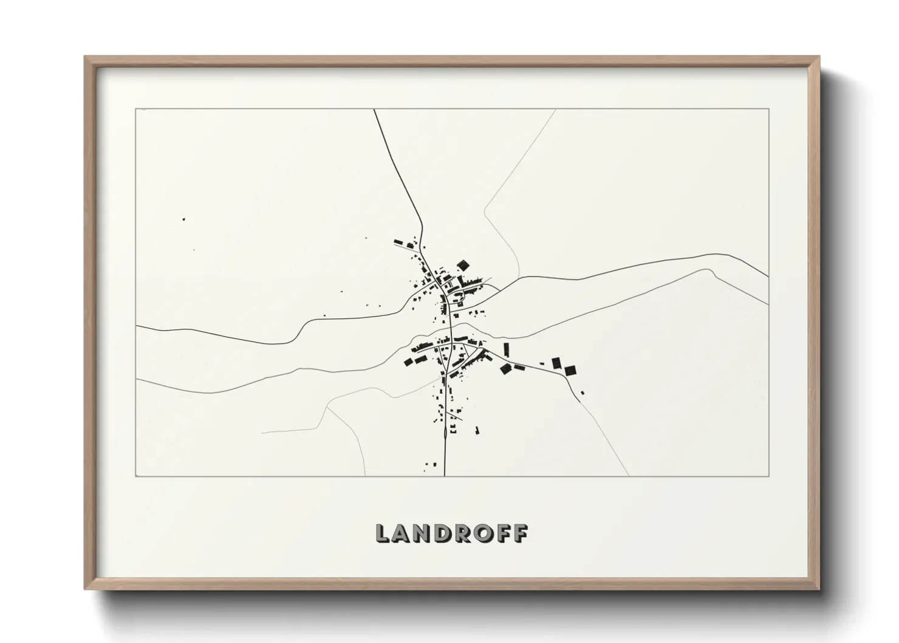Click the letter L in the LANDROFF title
pos(384,534)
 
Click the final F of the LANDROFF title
pos(520,534)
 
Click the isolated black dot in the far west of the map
pos(184,219)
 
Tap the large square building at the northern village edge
pos(463,265)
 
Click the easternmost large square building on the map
pos(570,370)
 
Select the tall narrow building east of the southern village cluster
pos(506,349)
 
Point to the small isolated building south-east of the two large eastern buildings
pos(583,393)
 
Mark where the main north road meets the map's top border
pos(374,109)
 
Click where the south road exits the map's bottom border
pos(445,475)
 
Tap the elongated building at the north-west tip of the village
pos(401,243)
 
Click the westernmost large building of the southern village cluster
pos(409,363)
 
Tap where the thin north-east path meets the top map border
pos(555,109)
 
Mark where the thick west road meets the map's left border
pos(136,326)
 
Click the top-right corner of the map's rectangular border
pos(768,109)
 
